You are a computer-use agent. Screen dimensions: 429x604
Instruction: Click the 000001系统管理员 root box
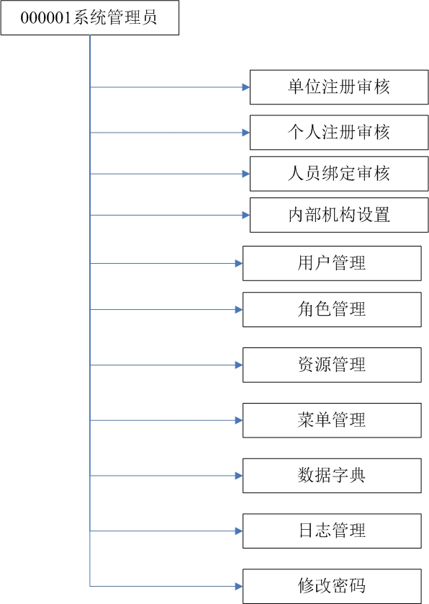click(90, 18)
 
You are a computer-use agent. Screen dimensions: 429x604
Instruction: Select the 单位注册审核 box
click(339, 87)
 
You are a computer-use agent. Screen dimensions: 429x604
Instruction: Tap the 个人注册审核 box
click(339, 132)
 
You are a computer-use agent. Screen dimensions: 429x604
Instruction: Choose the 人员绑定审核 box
click(339, 174)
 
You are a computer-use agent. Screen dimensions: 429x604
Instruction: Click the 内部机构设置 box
click(339, 215)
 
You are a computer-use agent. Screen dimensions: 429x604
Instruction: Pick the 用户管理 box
click(332, 264)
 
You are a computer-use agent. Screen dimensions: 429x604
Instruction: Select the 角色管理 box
click(332, 310)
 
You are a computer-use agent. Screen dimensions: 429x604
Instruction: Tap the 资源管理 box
click(332, 365)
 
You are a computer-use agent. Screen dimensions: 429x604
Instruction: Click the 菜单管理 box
click(332, 420)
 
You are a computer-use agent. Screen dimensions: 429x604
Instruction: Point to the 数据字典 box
click(332, 476)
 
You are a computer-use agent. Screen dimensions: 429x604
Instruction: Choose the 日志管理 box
click(332, 530)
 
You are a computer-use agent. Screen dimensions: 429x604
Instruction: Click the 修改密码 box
click(332, 586)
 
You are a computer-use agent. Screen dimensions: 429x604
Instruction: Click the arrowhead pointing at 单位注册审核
click(246, 87)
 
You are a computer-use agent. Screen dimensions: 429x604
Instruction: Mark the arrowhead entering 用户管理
click(239, 264)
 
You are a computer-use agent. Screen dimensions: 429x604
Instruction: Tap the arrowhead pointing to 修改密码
click(239, 586)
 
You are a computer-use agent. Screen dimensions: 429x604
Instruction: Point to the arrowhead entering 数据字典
click(239, 476)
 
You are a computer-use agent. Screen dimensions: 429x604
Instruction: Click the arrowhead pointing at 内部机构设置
click(246, 215)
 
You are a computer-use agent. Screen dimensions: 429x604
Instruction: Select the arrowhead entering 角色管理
click(239, 310)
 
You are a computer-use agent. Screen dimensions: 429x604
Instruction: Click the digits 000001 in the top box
click(46, 18)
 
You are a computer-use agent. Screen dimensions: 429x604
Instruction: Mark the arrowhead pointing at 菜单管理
click(239, 420)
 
